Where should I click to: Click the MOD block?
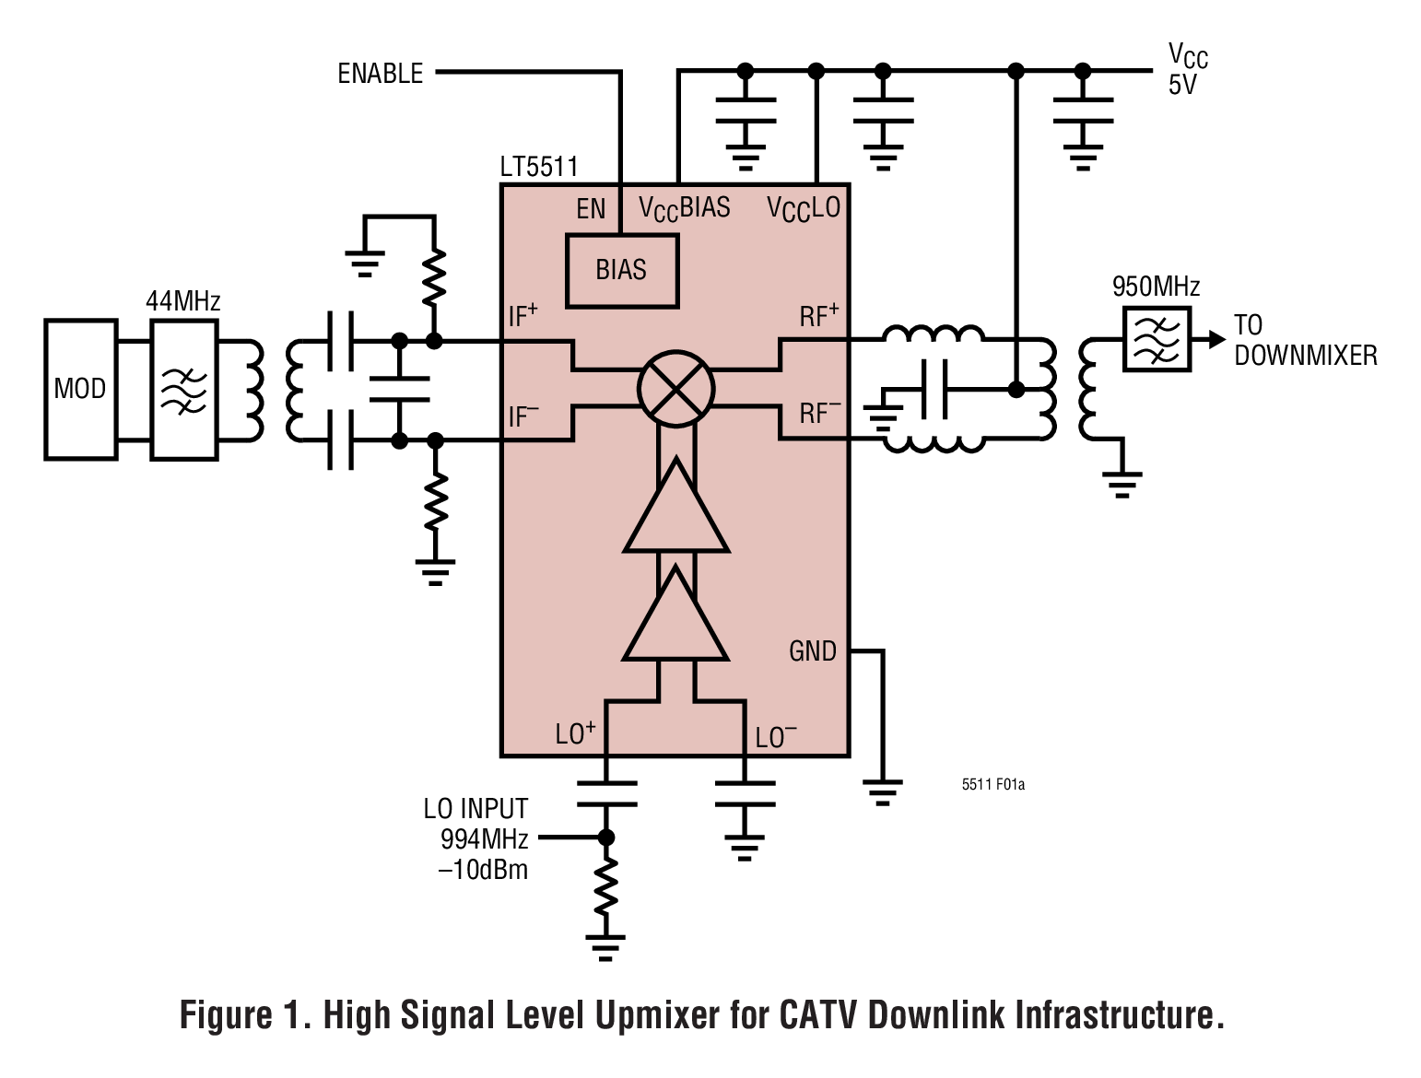80,389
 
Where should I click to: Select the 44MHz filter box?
184,389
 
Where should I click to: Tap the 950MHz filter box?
1157,339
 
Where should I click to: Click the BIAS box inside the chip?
622,270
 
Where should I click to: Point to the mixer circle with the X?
676,388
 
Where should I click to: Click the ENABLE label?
380,74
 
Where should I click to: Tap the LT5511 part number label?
539,167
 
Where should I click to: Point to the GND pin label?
812,651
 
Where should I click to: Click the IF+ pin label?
523,316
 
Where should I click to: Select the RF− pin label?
819,413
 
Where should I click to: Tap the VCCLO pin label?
804,209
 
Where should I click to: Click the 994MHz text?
484,838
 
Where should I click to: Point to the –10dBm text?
483,869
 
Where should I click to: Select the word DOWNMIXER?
1305,356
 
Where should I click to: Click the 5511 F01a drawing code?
992,784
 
